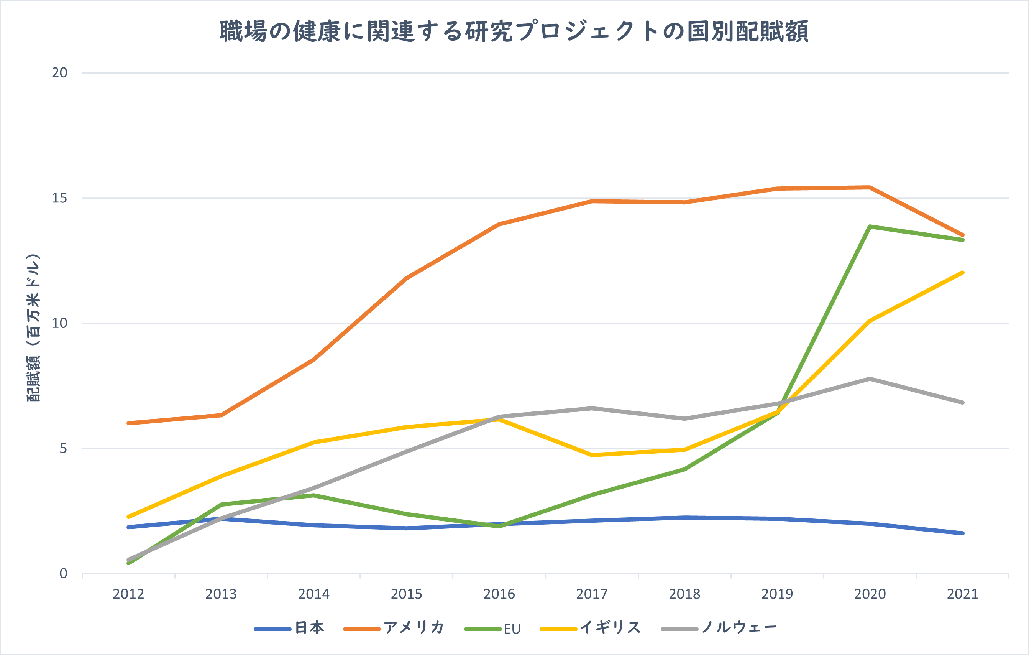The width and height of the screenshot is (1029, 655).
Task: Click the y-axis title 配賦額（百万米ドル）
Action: (x=33, y=327)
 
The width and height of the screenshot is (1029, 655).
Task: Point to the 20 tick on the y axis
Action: (x=59, y=73)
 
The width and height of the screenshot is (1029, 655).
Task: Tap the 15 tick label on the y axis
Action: (x=59, y=198)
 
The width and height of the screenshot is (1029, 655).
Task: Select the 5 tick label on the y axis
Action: (x=63, y=449)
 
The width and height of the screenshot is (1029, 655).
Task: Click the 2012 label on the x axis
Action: (x=128, y=594)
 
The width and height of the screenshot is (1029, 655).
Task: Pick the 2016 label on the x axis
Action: (x=499, y=594)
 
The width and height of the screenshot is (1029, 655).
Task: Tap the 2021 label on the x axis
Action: (x=962, y=594)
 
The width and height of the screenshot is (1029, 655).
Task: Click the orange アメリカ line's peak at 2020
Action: (x=870, y=187)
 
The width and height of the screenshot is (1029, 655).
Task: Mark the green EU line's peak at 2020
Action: (x=870, y=227)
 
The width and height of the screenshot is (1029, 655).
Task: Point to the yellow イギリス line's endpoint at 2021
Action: (x=962, y=273)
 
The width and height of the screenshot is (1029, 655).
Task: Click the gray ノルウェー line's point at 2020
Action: (x=870, y=379)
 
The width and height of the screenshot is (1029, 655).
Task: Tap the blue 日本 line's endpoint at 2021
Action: (x=962, y=533)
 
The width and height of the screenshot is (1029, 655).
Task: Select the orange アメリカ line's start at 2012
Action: (x=129, y=423)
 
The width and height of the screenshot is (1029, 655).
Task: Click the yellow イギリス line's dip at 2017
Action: (x=592, y=455)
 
